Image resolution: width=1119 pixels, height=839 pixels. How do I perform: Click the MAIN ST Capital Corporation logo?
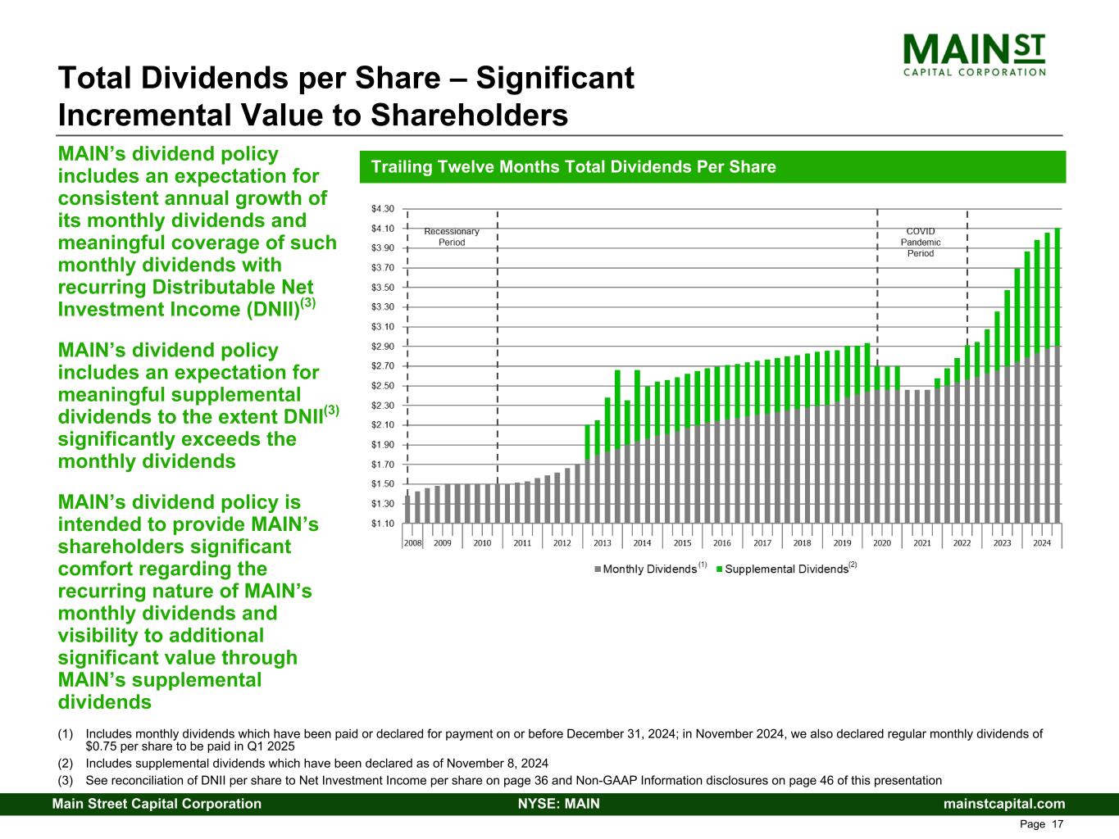point(974,54)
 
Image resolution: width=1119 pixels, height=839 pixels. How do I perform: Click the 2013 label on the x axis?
point(603,543)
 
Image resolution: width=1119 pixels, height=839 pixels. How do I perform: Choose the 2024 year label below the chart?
point(1042,543)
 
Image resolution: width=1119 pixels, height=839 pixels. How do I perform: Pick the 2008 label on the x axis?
point(412,543)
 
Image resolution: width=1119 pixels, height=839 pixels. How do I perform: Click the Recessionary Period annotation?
point(452,237)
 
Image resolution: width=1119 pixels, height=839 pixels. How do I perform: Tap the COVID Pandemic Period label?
point(921,243)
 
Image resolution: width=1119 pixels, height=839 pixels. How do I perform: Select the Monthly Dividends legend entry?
point(647,569)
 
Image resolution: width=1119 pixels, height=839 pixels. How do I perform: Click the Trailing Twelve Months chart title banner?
point(712,167)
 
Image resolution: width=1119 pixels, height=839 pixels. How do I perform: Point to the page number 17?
point(1058,824)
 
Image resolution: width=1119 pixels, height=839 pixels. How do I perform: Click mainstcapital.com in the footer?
point(1004,804)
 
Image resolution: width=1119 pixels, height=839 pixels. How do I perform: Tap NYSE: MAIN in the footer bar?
point(559,804)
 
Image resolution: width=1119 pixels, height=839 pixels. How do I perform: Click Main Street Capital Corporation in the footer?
point(157,804)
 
